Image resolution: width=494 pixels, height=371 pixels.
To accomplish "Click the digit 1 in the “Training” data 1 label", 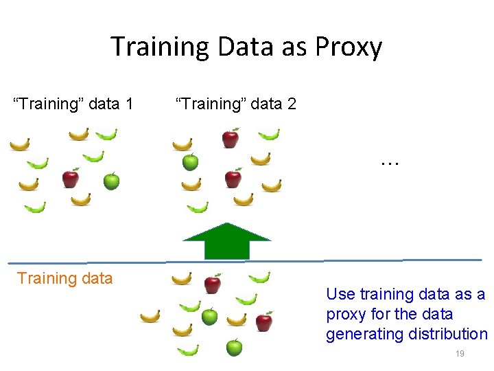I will [129, 104].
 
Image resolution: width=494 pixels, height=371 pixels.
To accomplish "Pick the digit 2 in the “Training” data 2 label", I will [292, 104].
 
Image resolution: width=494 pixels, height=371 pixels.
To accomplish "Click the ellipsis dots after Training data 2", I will [389, 164].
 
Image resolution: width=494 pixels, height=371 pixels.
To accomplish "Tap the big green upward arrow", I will [226, 242].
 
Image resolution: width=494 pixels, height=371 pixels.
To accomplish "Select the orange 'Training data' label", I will [64, 278].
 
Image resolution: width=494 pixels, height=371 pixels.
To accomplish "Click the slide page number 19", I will [460, 354].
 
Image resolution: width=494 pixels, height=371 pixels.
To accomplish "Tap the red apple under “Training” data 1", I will [70, 179].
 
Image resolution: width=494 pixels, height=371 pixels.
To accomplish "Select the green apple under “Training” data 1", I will [111, 181].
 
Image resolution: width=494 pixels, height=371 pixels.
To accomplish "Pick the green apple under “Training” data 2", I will [190, 162].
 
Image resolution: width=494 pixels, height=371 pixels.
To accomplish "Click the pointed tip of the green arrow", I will [226, 225].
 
